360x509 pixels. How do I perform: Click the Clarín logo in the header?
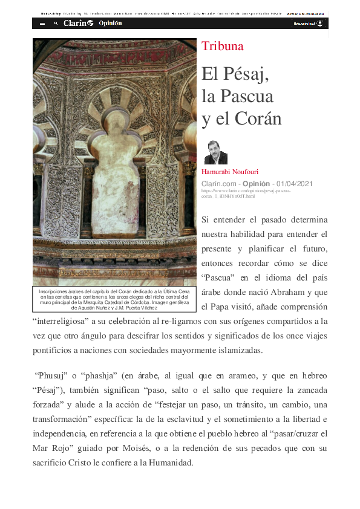coord(78,23)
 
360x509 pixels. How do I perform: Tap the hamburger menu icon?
coord(42,24)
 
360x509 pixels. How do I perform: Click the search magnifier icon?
coord(56,24)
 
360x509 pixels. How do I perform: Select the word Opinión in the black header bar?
coord(110,23)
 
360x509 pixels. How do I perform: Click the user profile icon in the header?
coord(319,24)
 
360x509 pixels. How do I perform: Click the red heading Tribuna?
coord(223,47)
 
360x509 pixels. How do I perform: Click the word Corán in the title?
coord(257,118)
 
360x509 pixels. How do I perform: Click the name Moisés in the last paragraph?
coord(176,449)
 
